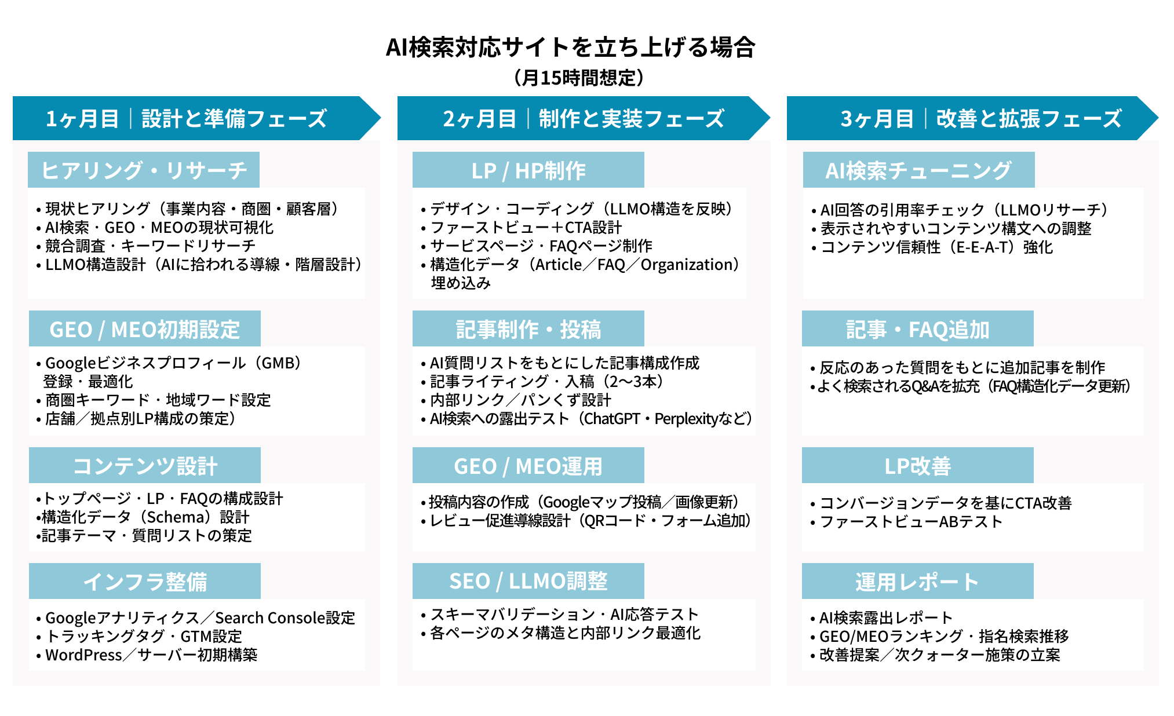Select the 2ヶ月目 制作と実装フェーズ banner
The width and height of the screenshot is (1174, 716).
[583, 119]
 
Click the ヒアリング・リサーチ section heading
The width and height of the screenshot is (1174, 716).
[144, 170]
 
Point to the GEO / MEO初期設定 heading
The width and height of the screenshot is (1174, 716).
[145, 329]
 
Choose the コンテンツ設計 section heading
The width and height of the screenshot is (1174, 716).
[145, 466]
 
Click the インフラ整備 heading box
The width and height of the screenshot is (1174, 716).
[145, 582]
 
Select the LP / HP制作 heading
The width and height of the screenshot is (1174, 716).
[528, 170]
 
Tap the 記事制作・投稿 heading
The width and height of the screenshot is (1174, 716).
[528, 329]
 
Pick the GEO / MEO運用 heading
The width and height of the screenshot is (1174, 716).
[528, 466]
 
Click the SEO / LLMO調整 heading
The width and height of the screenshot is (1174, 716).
[528, 581]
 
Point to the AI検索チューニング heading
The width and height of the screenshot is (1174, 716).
[918, 170]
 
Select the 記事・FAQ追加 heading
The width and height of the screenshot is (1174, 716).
[918, 329]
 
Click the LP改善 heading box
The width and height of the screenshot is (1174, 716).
[918, 466]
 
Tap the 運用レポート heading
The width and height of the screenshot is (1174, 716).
[918, 582]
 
